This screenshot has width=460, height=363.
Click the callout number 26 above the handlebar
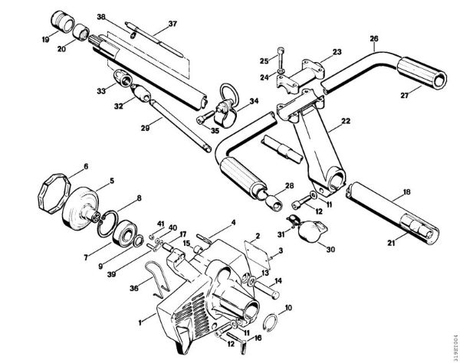point(373,38)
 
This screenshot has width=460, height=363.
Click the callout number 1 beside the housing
point(140,314)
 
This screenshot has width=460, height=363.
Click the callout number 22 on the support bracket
point(347,121)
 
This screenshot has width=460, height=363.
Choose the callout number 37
point(172,23)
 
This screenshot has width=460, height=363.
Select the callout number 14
point(278,282)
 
